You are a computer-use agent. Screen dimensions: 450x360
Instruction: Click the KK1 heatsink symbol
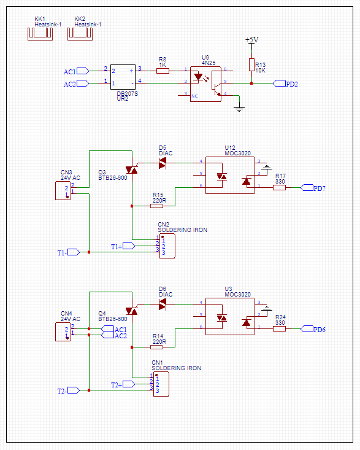[40, 34]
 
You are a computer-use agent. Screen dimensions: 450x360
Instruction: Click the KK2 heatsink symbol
[80, 34]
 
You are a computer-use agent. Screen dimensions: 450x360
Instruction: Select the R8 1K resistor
[163, 71]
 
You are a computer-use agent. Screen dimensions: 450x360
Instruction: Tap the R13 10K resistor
[251, 64]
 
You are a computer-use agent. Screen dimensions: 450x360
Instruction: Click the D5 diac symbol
[163, 163]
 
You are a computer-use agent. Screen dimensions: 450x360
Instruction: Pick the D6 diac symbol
[163, 304]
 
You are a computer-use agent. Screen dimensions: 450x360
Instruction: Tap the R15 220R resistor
[156, 206]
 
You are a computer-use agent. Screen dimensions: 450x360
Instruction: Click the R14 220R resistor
[156, 347]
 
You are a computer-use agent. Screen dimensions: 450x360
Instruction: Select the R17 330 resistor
[279, 188]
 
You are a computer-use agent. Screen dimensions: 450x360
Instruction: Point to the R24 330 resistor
[279, 329]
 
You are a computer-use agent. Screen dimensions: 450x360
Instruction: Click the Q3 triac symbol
[131, 169]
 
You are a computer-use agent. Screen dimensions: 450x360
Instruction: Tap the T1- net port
[74, 252]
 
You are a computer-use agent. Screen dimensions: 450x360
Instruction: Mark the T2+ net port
[128, 384]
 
